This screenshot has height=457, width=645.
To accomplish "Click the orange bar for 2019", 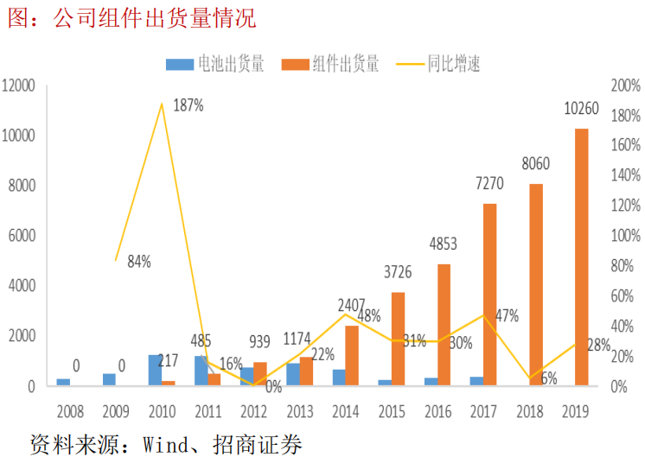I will click(582, 257).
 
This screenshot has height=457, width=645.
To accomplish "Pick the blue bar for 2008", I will click(63, 381).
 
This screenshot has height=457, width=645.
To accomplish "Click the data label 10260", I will click(581, 109).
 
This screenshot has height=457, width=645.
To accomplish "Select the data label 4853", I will click(443, 244).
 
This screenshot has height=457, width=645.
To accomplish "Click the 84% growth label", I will click(137, 261).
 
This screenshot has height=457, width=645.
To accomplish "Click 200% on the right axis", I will click(625, 86).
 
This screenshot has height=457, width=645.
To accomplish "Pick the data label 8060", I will click(535, 164).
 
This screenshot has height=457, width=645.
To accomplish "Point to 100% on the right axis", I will click(625, 236).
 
